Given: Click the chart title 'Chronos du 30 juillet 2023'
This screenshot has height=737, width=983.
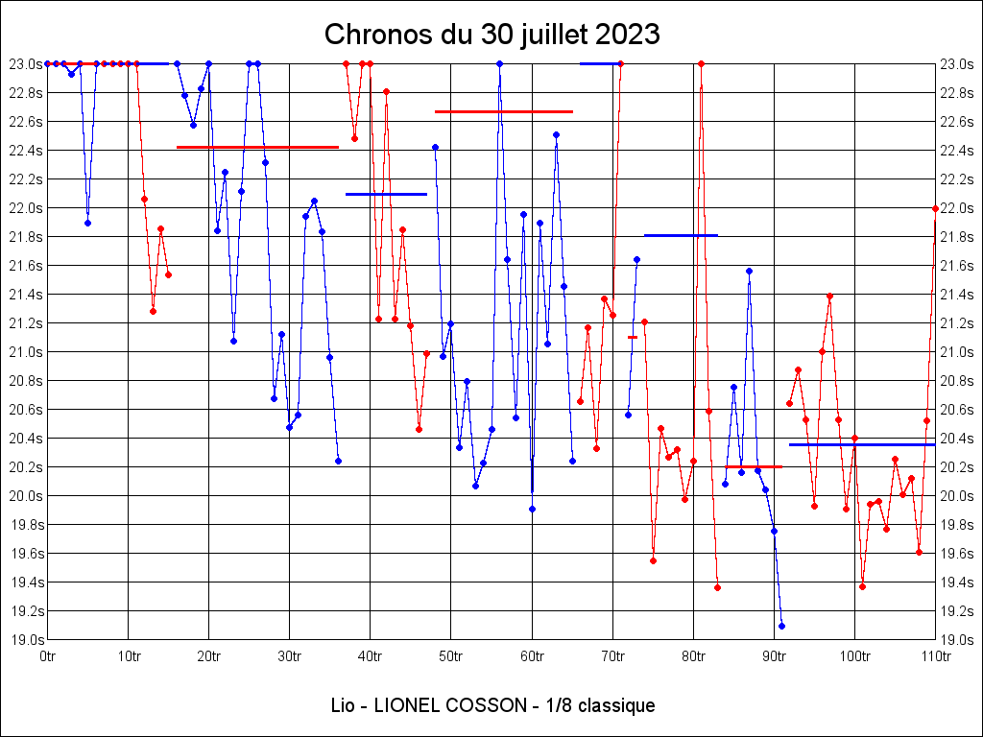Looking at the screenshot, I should (491, 35).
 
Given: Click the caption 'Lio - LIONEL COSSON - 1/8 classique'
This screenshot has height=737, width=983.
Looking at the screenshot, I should (491, 706).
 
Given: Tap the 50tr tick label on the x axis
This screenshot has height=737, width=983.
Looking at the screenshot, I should (451, 656).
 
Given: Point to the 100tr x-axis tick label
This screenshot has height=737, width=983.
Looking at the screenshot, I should (855, 656).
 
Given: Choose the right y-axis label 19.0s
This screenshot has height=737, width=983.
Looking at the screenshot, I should (957, 639).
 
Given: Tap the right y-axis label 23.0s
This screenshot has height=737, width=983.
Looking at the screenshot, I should (957, 63).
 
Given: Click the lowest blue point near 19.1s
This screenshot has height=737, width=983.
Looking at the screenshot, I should (781, 626).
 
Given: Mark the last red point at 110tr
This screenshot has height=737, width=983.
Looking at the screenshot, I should (935, 208).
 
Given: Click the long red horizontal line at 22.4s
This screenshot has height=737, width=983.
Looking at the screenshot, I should (257, 147).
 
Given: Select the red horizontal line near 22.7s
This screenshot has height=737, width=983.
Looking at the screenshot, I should (504, 111).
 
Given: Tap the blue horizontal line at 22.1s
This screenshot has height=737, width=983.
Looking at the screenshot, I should (386, 194).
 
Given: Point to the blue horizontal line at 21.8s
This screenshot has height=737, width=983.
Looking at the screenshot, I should (681, 234).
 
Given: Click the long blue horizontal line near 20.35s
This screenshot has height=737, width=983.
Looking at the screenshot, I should (862, 444).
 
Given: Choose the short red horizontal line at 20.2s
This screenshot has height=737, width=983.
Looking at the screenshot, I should (754, 466).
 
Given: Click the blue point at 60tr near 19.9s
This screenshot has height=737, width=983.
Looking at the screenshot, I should (532, 509).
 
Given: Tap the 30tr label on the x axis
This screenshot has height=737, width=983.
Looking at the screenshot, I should (290, 656).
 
